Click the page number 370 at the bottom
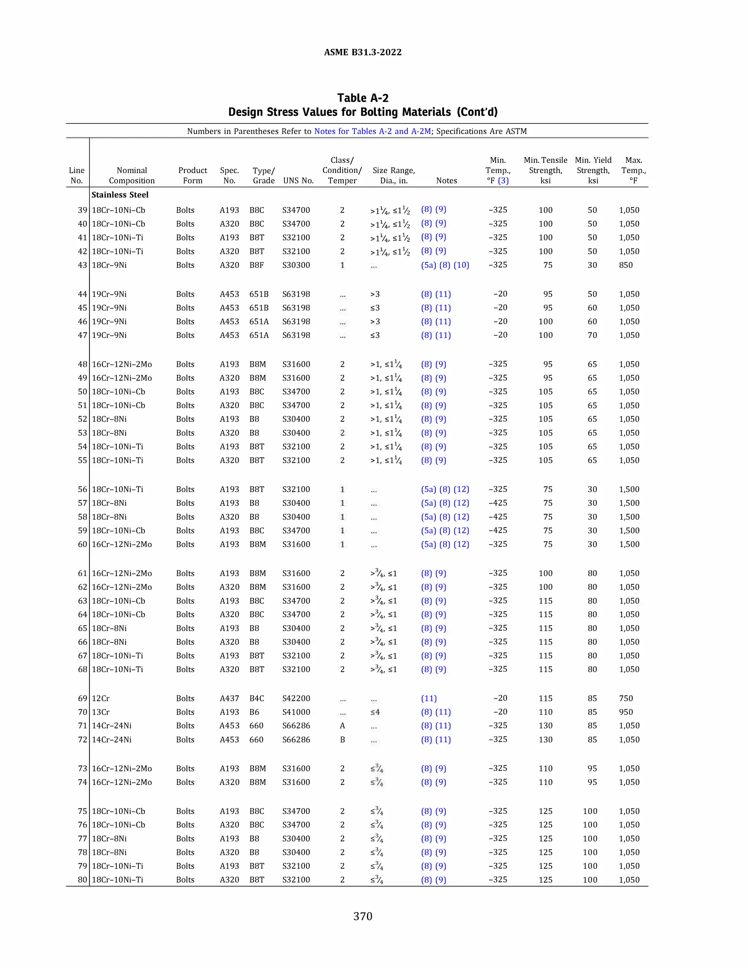click(362, 916)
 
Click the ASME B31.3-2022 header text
click(362, 52)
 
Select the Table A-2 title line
click(362, 98)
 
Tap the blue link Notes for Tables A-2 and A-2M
click(372, 131)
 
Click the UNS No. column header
click(298, 180)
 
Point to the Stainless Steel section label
click(120, 195)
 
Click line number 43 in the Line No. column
click(83, 265)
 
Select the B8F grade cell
click(256, 265)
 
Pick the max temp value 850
click(626, 265)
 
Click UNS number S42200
click(296, 698)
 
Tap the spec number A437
click(229, 698)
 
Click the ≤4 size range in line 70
click(375, 712)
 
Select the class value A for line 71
click(342, 725)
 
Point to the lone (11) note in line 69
click(428, 698)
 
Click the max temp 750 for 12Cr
click(626, 698)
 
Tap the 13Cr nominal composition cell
click(100, 712)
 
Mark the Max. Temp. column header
click(633, 170)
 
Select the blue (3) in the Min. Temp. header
click(503, 180)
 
